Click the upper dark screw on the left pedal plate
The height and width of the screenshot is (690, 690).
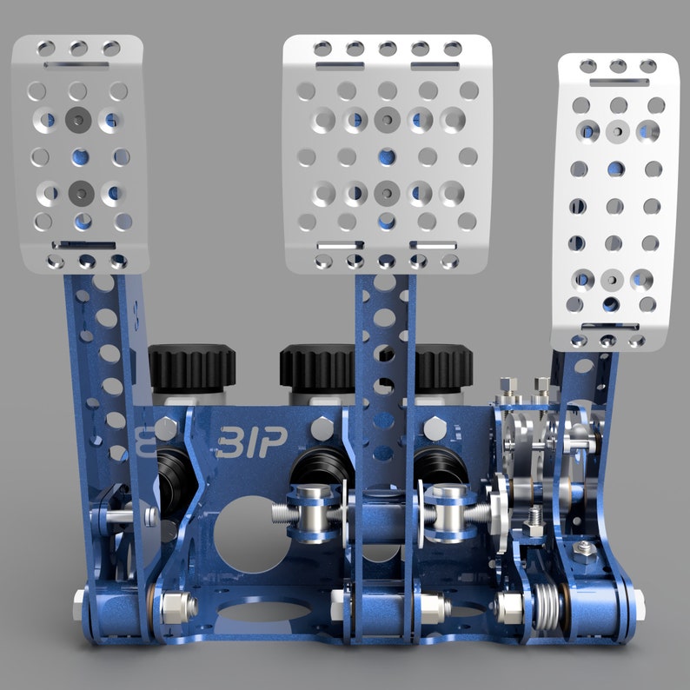(80, 119)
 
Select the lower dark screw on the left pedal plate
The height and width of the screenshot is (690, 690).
(81, 189)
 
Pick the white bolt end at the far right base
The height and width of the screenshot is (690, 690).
(640, 599)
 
